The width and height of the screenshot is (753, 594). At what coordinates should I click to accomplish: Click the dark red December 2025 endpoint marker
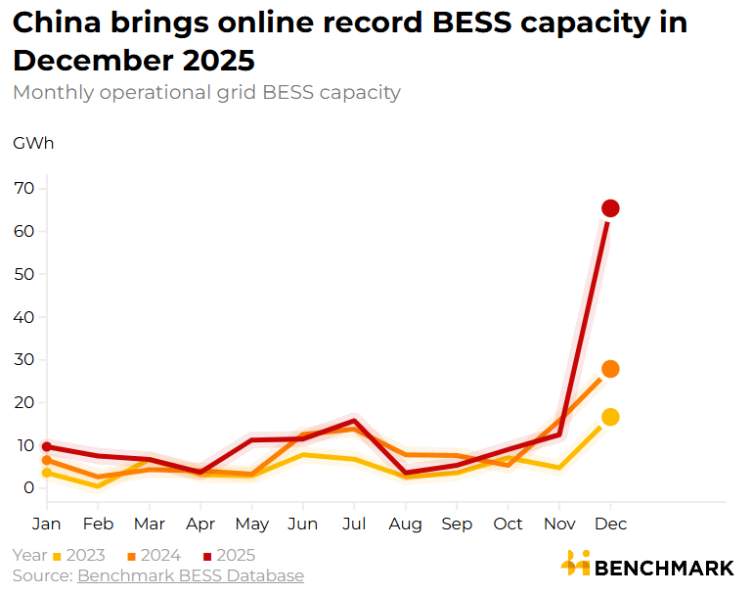(610, 208)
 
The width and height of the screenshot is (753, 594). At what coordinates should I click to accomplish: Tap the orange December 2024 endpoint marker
(610, 369)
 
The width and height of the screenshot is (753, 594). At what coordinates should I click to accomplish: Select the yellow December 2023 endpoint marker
(610, 417)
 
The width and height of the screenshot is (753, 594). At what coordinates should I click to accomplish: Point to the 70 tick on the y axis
(24, 188)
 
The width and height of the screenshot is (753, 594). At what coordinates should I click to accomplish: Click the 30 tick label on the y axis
(24, 359)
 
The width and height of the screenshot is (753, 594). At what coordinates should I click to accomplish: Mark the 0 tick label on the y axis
(29, 487)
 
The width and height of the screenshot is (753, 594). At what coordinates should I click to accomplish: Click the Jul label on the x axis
(353, 525)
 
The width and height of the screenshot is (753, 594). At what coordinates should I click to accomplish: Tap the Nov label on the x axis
(558, 525)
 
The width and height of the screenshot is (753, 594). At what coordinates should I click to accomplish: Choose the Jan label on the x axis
(46, 525)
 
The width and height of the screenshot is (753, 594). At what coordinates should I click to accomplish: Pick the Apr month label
(199, 525)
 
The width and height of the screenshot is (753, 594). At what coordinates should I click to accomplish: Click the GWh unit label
(33, 144)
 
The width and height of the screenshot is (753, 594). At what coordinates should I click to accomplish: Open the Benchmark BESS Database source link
(191, 575)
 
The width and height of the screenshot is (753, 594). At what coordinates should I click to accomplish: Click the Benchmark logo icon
(575, 563)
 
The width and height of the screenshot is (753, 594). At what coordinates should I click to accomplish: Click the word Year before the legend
(29, 556)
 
